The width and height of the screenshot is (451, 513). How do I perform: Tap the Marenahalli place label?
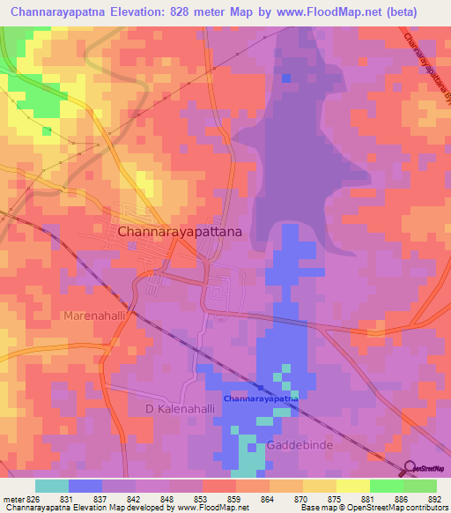[x=97, y=315]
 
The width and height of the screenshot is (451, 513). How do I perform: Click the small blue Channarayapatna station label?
[x=261, y=398]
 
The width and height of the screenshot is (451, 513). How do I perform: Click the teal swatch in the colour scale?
[x=52, y=486]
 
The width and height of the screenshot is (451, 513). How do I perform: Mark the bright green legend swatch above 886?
[x=387, y=486]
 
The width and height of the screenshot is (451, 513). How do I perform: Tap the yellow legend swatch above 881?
[x=352, y=486]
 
